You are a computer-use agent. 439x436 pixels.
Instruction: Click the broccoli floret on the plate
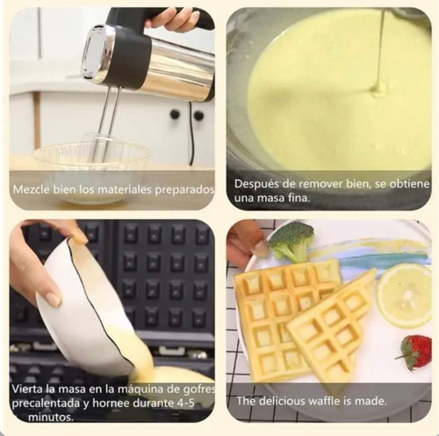click(x=291, y=242)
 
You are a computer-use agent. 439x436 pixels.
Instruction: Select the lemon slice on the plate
click(x=404, y=296)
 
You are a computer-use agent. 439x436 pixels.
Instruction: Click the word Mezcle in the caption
click(x=32, y=189)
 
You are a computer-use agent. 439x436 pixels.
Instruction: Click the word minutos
click(x=51, y=418)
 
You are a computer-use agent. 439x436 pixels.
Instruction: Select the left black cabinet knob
click(x=176, y=114)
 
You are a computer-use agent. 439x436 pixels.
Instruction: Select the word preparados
click(x=184, y=190)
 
